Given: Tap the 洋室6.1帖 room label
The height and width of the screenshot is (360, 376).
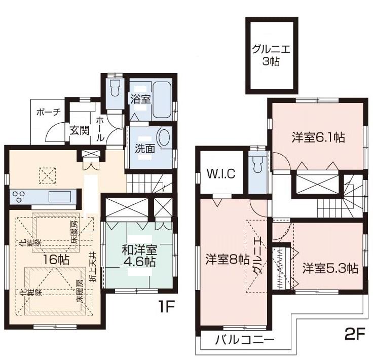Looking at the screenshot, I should pyautogui.click(x=318, y=137).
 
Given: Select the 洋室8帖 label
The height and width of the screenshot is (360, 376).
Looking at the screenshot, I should pyautogui.click(x=227, y=259).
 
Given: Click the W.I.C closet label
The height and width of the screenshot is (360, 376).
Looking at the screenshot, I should pyautogui.click(x=221, y=174).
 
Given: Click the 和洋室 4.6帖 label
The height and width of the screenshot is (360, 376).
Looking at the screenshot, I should pyautogui.click(x=138, y=256).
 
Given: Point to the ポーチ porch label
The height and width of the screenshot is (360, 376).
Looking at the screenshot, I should pyautogui.click(x=47, y=113).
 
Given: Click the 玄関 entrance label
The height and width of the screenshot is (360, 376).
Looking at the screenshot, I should pyautogui.click(x=79, y=130).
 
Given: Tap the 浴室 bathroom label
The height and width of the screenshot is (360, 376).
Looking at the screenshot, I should pyautogui.click(x=140, y=99).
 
